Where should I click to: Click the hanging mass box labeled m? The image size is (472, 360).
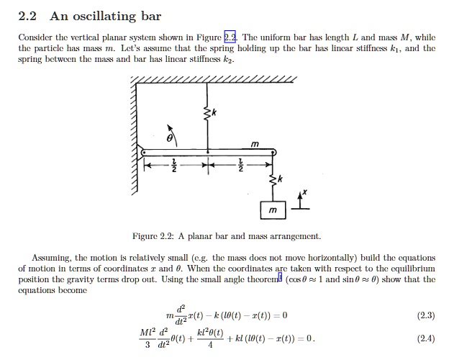point(273,209)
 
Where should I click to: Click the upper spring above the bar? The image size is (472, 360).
point(208,113)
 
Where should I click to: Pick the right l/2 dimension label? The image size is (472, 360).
point(241,165)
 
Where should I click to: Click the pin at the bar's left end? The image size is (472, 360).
point(144,152)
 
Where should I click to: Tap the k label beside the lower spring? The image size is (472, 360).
point(280,178)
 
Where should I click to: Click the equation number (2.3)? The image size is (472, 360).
point(427,316)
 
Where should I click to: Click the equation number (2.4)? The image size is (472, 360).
point(427,339)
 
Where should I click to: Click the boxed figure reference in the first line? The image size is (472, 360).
point(230,37)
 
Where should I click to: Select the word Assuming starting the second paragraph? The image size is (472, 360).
point(53,257)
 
